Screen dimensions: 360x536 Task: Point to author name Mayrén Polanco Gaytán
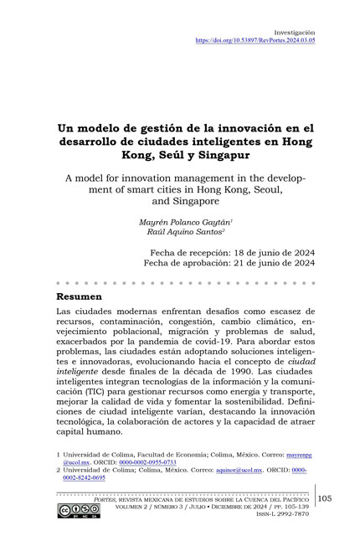181,221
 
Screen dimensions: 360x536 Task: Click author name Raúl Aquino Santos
179,232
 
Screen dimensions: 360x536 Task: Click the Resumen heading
80,296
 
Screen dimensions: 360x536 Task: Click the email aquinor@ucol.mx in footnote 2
237,471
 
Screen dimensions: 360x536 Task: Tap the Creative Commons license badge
77,510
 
